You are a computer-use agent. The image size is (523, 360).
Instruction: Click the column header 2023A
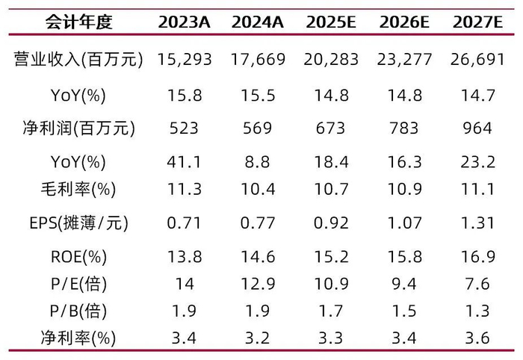tap(185, 22)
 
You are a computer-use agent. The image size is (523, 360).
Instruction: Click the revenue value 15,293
tap(185, 59)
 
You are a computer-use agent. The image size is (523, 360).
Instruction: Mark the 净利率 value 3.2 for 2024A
tap(258, 338)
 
